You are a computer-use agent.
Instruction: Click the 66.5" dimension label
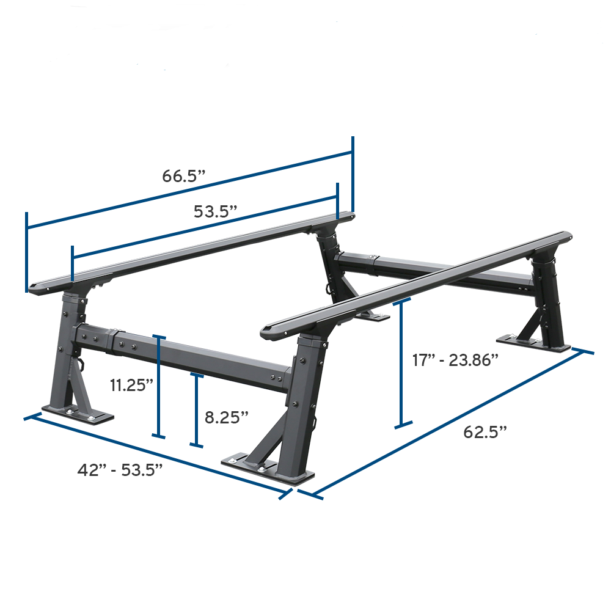pyautogui.click(x=183, y=177)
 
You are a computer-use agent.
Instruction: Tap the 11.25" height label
pyautogui.click(x=131, y=385)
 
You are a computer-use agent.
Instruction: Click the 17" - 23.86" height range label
pyautogui.click(x=456, y=360)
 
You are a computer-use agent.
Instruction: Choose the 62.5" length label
pyautogui.click(x=486, y=432)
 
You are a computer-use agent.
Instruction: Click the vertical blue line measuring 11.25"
pyautogui.click(x=159, y=386)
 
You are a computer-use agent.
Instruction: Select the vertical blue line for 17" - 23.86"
pyautogui.click(x=401, y=363)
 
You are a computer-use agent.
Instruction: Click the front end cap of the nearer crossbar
pyautogui.click(x=269, y=331)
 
